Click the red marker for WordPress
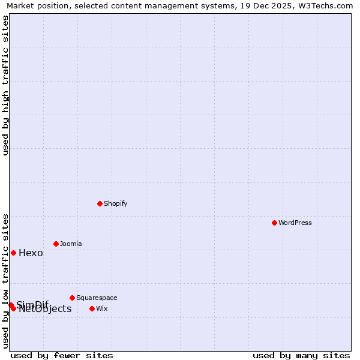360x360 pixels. point(274,223)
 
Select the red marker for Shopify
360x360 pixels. point(100,203)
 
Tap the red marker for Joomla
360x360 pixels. point(56,244)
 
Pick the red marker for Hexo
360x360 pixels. point(13,253)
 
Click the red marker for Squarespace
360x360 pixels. point(72,298)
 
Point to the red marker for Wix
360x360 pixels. point(92,308)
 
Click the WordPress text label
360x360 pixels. point(295,223)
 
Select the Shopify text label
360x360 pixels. point(115,203)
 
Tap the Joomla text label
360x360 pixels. point(71,244)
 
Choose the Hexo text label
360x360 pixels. point(31,253)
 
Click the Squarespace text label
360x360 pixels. point(97,298)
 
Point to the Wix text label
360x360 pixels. point(101,308)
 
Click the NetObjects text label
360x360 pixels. point(45,309)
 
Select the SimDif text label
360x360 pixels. point(32,304)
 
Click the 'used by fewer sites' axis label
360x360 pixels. point(62,355)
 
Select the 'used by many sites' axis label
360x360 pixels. point(301,355)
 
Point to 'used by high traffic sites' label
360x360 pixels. point(5,85)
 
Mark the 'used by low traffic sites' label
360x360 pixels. point(5,281)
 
